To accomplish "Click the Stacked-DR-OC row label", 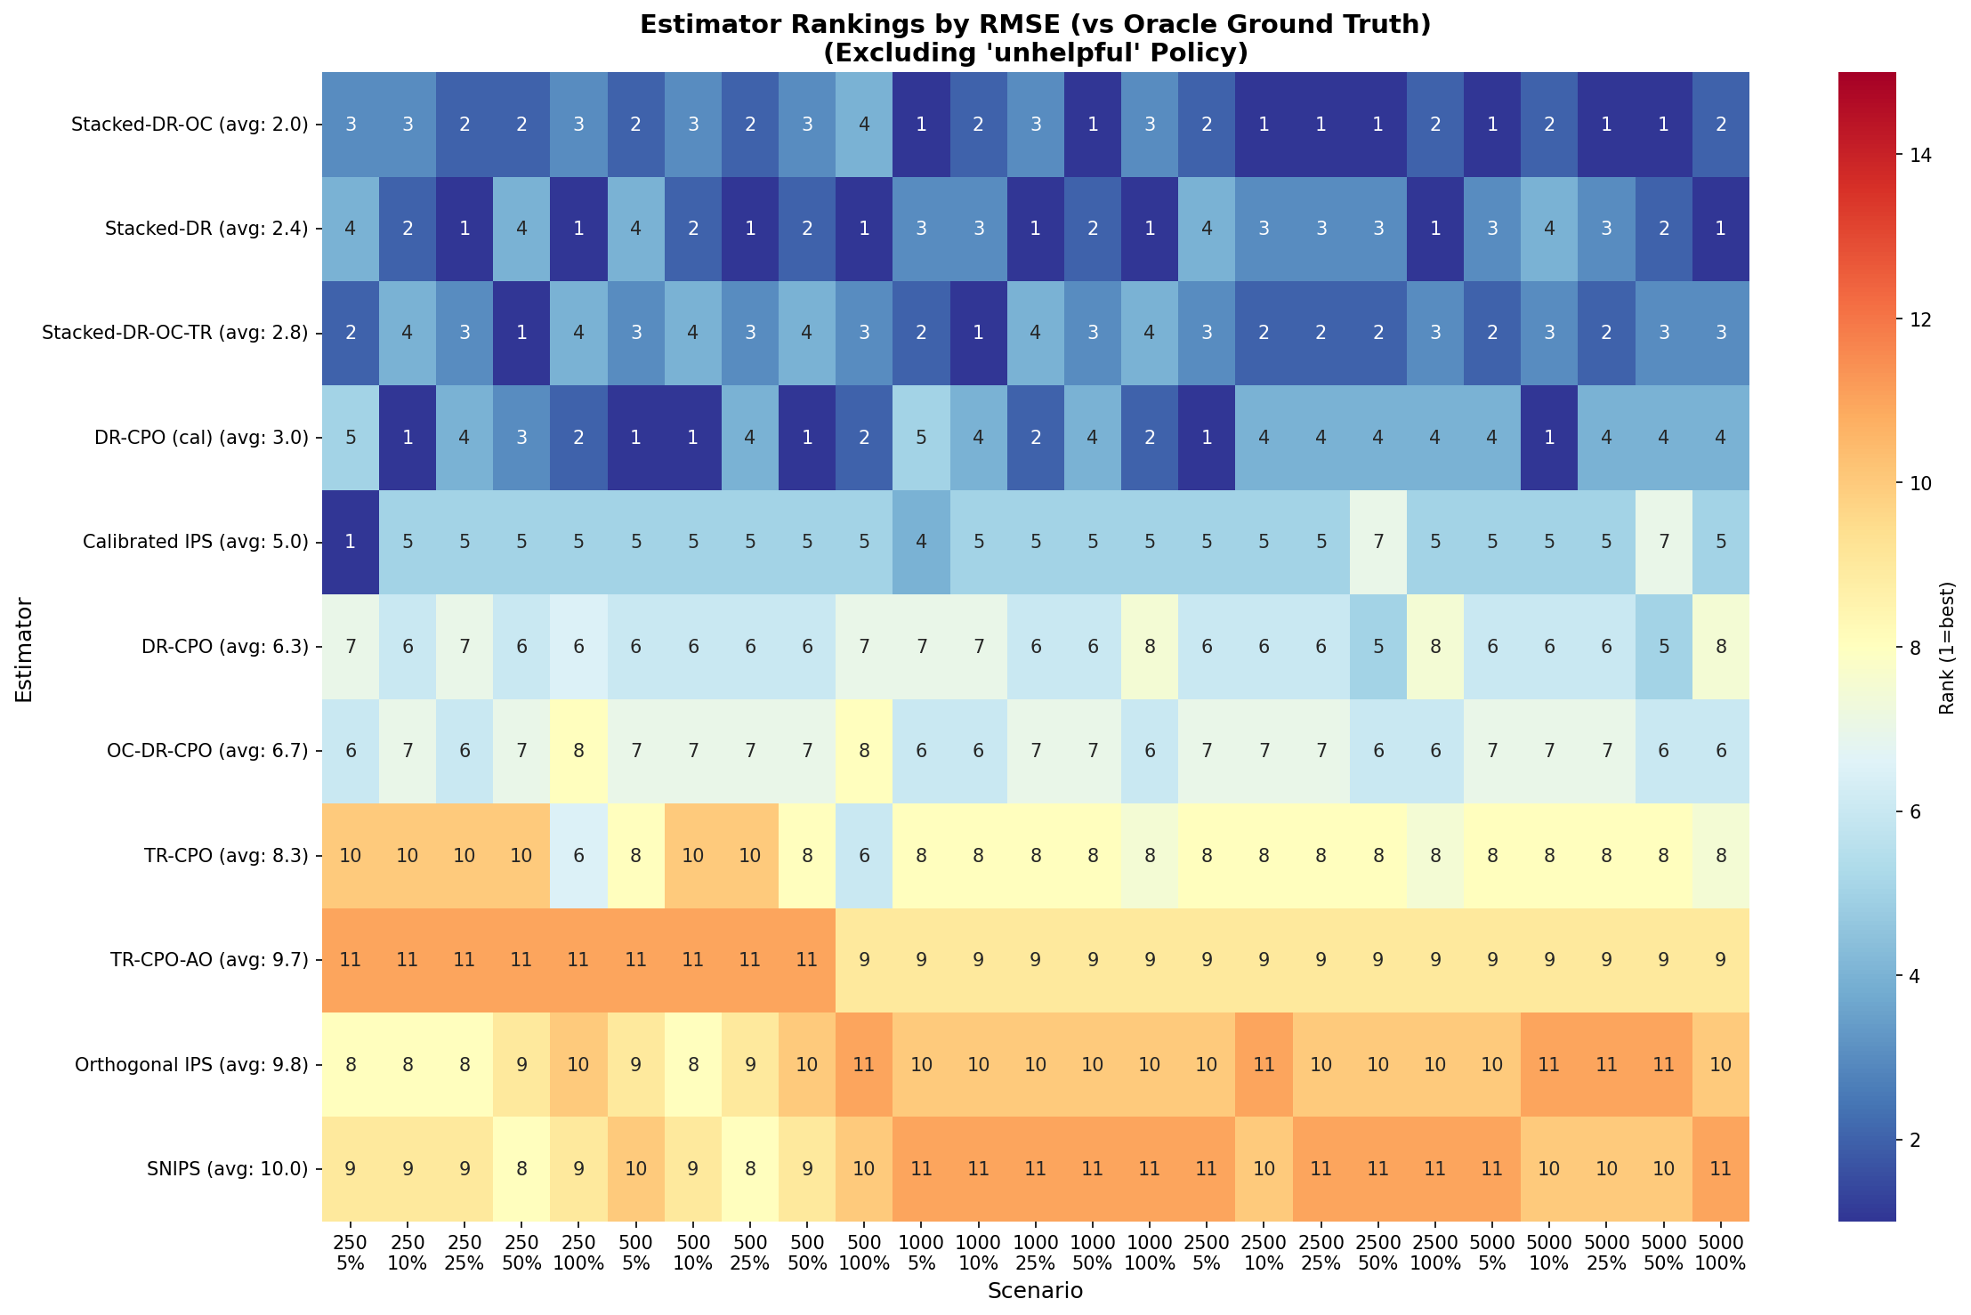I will point(190,125).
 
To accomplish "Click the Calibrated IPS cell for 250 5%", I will point(351,542).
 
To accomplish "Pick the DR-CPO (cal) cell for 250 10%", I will point(408,438).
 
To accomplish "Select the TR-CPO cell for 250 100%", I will point(579,856).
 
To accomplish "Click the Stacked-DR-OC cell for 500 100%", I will point(864,125).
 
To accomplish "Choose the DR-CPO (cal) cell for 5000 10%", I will point(1549,438).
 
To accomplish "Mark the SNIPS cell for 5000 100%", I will point(1721,1169).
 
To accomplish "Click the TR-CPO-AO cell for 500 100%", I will point(864,960).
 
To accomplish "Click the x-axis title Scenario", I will point(1035,1291).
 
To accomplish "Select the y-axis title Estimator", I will point(24,650).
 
